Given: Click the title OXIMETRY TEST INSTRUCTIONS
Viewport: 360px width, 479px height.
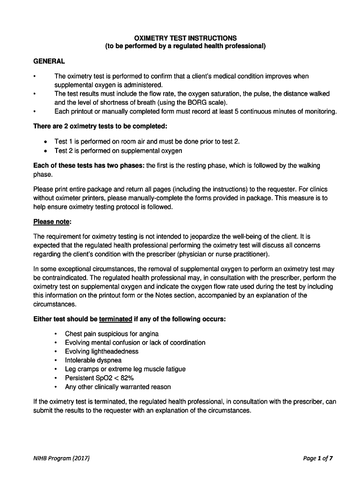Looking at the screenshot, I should point(185,38).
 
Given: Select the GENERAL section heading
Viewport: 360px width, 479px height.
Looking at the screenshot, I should point(49,61).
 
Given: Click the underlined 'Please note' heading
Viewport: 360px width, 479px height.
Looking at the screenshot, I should point(52,221).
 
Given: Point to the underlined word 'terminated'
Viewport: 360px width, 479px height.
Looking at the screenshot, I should point(115,319).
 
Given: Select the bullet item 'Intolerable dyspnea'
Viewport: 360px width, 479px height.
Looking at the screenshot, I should point(93,360).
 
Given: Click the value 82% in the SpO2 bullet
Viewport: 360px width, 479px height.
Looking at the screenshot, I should point(135,378).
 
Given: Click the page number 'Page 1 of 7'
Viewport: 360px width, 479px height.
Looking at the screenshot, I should point(318,458).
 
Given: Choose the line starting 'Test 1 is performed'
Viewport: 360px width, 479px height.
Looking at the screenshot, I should point(147,142).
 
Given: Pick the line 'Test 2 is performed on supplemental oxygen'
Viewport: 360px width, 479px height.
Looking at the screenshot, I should point(118,151).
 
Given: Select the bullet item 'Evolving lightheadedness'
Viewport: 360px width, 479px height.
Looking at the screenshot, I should point(101,351).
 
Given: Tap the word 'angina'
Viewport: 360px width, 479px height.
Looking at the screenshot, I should point(148,334).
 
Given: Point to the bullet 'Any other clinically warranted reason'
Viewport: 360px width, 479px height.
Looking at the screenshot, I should point(118,387).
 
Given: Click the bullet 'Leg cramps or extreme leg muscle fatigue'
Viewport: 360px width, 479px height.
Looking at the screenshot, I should point(125,369).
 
